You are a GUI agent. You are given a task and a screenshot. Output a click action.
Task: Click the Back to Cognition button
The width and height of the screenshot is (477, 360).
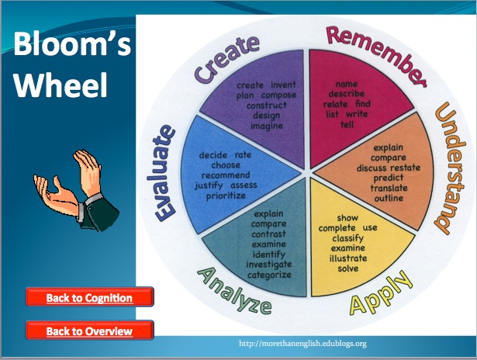click(89, 297)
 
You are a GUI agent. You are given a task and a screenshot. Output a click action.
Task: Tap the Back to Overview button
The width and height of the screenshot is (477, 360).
click(89, 331)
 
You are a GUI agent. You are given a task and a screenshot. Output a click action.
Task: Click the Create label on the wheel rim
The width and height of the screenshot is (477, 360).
click(226, 61)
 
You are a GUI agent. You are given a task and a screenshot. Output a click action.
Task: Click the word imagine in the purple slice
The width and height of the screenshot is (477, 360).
click(266, 125)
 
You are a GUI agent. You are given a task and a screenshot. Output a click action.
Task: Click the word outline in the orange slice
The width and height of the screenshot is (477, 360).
click(388, 198)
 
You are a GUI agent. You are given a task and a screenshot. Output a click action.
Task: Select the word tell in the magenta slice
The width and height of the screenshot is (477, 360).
click(347, 123)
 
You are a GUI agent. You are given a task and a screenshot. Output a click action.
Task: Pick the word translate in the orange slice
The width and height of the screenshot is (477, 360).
click(389, 188)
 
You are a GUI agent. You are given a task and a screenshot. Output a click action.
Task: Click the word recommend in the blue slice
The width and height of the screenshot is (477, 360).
click(225, 175)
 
